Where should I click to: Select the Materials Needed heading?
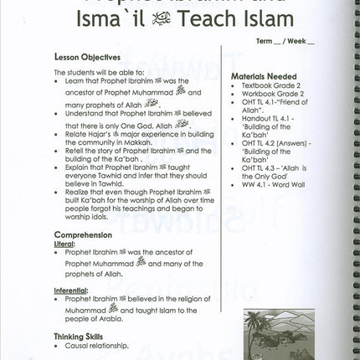point(265,77)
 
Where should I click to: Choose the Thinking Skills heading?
point(84,334)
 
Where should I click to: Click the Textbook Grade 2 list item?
point(270,86)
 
